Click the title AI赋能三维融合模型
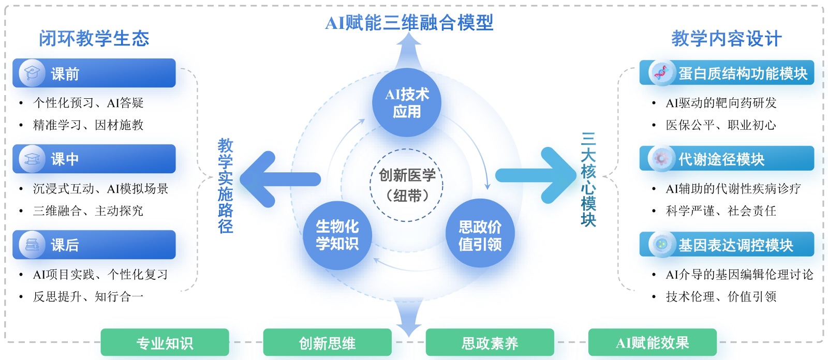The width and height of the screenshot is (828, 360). pos(409,23)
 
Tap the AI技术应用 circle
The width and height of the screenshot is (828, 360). pos(407,102)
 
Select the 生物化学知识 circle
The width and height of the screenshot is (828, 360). pos(337,235)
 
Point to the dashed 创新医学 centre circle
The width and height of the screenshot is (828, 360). pos(407,185)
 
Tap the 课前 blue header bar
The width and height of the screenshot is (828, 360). pos(94,73)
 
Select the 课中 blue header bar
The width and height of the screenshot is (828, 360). pos(94,159)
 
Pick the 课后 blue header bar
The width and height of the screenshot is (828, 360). pos(94,245)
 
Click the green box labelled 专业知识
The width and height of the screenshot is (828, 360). pos(165,342)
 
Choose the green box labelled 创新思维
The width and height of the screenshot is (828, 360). pos(327,342)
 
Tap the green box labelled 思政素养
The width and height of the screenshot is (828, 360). pos(490,342)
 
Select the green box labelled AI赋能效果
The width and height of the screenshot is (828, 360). pos(652,342)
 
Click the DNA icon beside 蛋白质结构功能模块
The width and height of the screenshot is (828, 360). pos(661,73)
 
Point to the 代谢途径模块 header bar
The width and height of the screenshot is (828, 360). pos(727,159)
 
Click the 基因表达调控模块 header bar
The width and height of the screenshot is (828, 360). pos(727,245)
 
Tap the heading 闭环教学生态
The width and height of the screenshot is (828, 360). pos(94,39)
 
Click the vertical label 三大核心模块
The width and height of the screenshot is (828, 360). pos(588,179)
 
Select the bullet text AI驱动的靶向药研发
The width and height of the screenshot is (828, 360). pos(721,103)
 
